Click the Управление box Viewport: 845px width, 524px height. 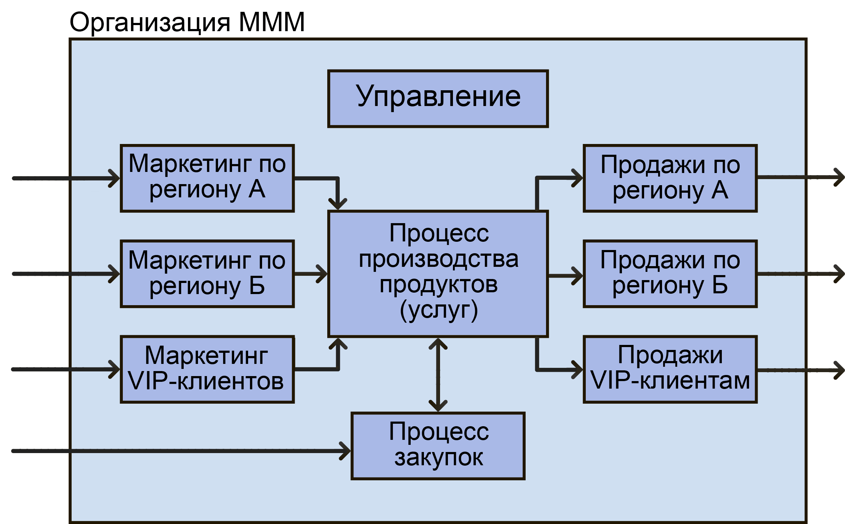tap(438, 98)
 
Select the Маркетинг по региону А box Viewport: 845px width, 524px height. tap(207, 178)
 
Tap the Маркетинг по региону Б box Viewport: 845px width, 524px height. tap(207, 274)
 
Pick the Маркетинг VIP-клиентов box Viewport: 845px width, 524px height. tap(207, 369)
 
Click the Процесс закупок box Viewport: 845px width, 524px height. tap(438, 446)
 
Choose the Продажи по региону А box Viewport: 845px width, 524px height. tap(670, 178)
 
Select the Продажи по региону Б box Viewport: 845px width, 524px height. tap(670, 274)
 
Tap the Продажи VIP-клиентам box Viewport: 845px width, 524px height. tap(670, 369)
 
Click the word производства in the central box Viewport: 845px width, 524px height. tap(438, 259)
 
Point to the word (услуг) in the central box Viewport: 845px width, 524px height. tap(438, 310)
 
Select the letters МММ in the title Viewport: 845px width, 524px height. tap(271, 22)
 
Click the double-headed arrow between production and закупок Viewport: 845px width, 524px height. tap(438, 375)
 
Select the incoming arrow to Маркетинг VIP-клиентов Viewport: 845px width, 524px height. tap(64, 369)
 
